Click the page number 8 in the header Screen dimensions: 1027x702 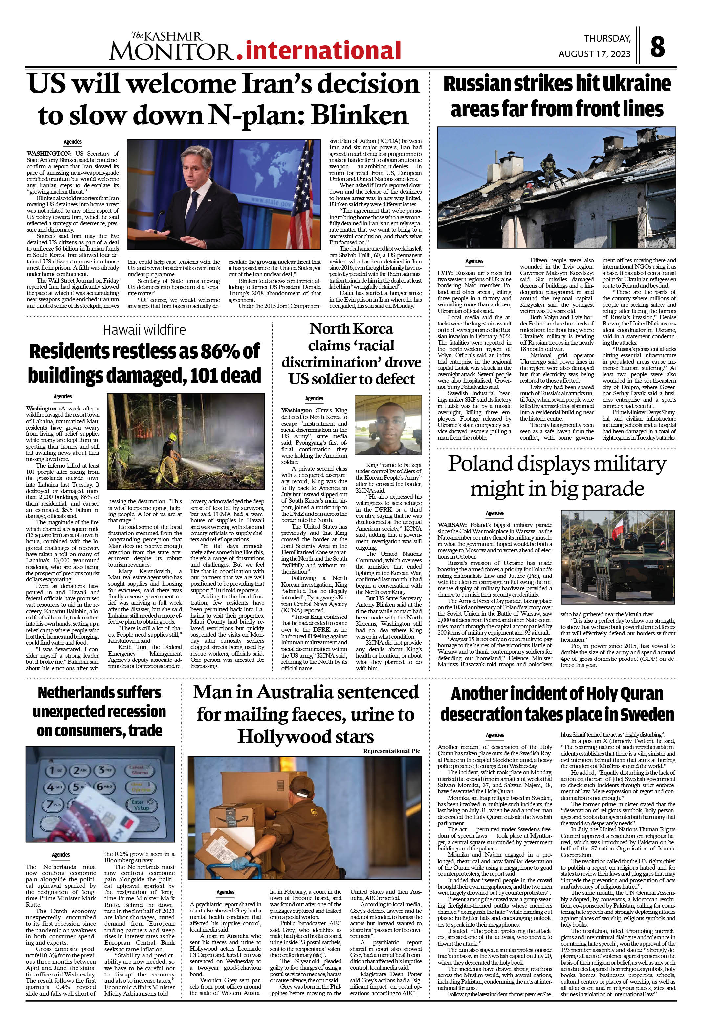pos(657,47)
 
